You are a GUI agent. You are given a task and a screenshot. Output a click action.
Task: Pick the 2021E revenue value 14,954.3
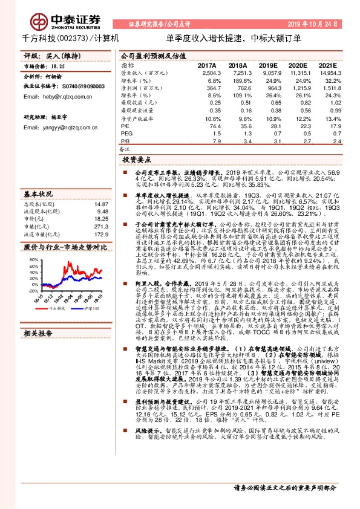tap(332, 72)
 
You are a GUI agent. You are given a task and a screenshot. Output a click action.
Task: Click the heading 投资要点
tap(137, 160)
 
